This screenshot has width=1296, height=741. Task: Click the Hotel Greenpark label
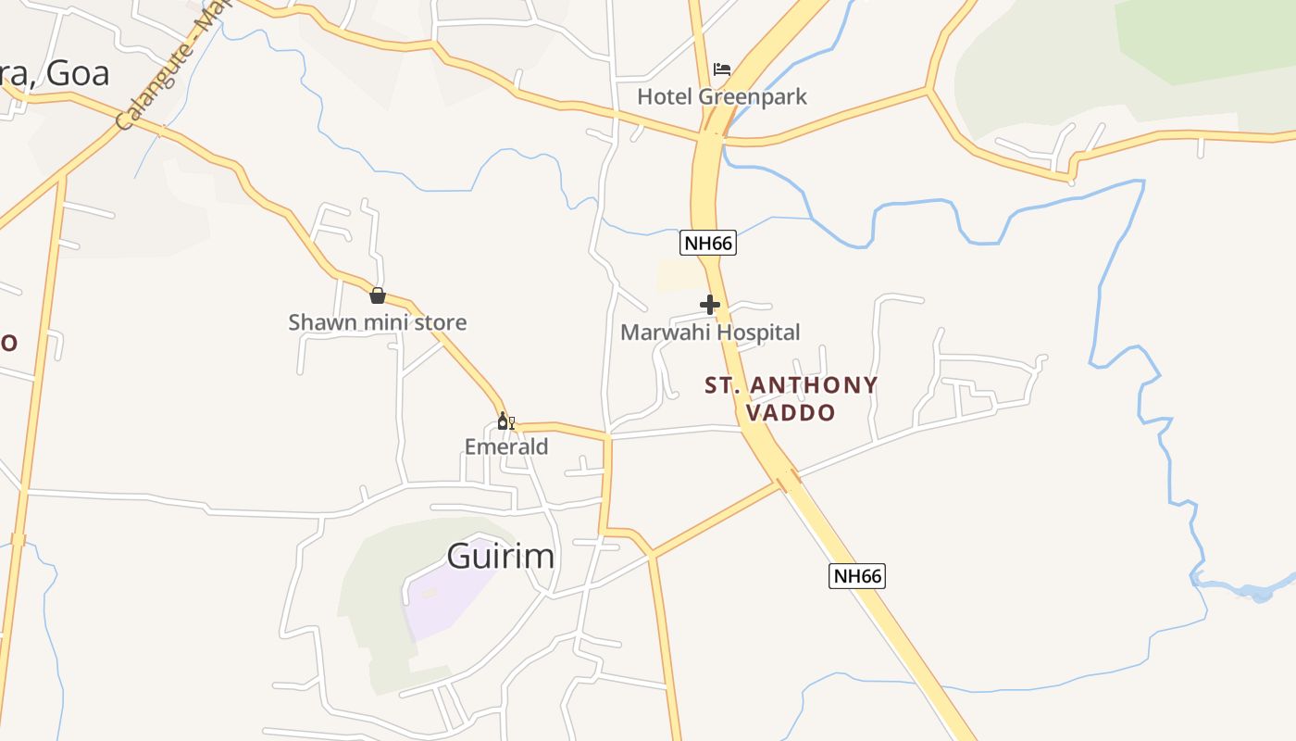pos(722,96)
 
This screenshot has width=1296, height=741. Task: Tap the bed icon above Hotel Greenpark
pos(722,69)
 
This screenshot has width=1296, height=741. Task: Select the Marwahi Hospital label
pos(710,332)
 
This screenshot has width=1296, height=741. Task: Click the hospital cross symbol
pos(710,304)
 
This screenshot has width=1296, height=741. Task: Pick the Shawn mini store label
pos(378,322)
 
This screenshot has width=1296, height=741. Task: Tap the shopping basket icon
pos(378,295)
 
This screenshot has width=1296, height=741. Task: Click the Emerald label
pos(506,446)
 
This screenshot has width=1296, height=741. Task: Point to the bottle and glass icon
pos(505,421)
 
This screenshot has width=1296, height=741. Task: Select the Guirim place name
pos(501,556)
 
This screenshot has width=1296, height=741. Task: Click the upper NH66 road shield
pos(708,244)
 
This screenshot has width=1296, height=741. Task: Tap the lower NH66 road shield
pos(856,576)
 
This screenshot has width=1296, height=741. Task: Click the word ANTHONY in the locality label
pos(814,384)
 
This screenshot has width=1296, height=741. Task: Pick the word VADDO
pos(791,412)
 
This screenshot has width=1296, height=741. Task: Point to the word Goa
pos(78,73)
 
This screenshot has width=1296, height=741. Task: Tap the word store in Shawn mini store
pos(441,322)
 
